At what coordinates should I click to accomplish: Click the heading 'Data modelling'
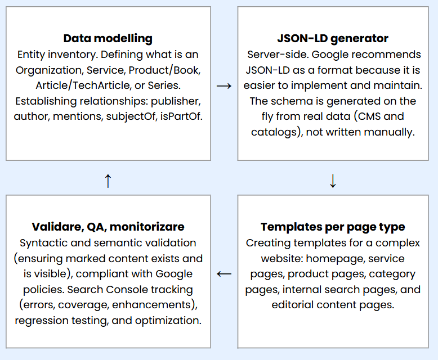click(x=108, y=38)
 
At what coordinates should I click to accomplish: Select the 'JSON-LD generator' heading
click(x=333, y=38)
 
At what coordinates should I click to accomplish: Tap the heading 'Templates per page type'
click(x=333, y=227)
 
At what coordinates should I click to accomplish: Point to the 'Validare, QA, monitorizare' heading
click(x=108, y=227)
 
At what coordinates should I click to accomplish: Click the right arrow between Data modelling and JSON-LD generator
click(x=224, y=86)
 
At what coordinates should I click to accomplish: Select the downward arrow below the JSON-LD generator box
click(x=333, y=181)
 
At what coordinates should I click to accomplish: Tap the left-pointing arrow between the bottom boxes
click(x=224, y=274)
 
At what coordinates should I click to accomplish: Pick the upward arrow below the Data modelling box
click(x=108, y=181)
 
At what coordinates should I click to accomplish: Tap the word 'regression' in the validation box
click(x=43, y=321)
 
